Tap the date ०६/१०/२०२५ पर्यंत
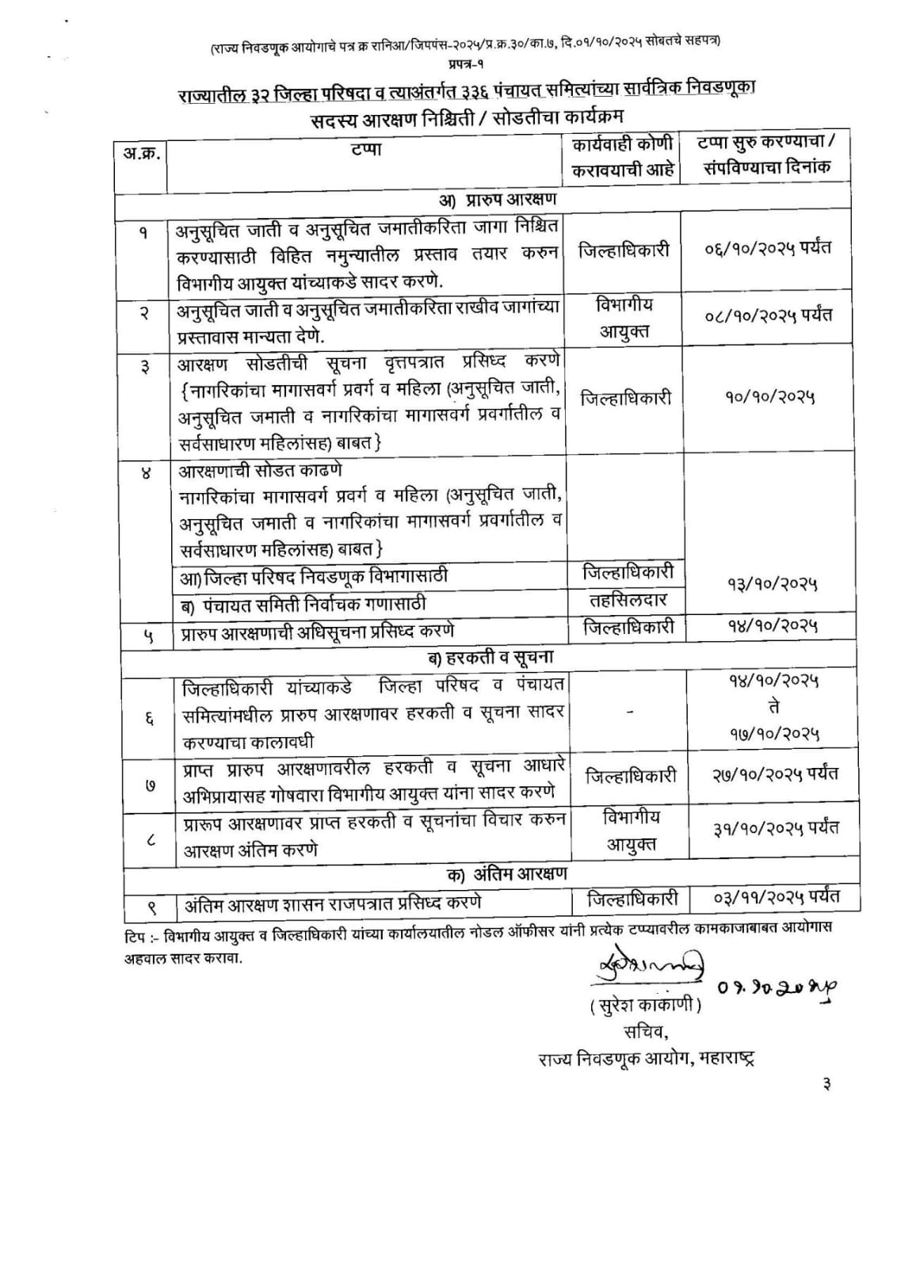[x=768, y=249]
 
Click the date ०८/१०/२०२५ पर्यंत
[x=768, y=315]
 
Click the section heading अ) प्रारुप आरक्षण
[x=498, y=198]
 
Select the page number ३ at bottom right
[x=826, y=1085]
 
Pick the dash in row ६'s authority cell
[x=630, y=712]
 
